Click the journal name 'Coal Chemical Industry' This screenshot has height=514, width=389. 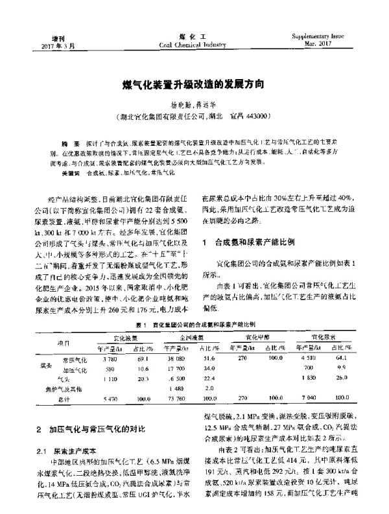[x=194, y=45]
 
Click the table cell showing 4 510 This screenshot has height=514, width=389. [x=312, y=358]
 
